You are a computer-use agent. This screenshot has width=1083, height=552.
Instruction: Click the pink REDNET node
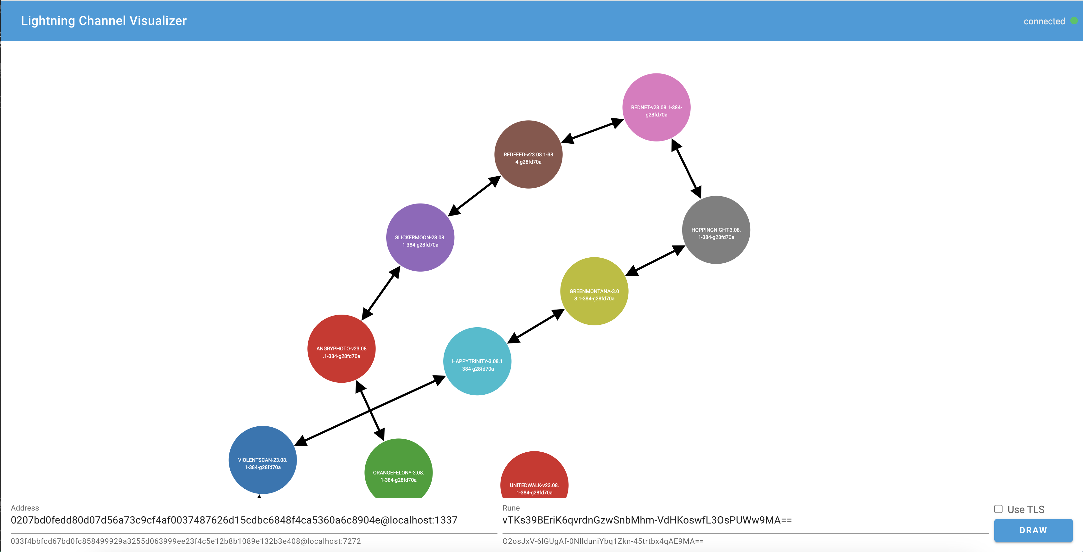[x=656, y=107]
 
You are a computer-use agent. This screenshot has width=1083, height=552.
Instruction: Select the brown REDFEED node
[x=528, y=154]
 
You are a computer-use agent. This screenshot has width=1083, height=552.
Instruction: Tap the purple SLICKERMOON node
[x=420, y=237]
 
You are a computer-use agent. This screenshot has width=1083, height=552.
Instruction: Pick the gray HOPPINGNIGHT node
[x=716, y=230]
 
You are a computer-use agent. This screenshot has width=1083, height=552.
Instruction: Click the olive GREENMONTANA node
[x=594, y=291]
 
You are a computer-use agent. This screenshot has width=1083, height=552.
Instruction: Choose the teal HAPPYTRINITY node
[x=477, y=361]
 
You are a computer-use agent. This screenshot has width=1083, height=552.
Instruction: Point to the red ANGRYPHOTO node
[x=341, y=349]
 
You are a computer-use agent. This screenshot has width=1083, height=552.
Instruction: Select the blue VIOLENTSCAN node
[x=262, y=460]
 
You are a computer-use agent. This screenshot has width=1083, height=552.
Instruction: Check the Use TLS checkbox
[x=998, y=509]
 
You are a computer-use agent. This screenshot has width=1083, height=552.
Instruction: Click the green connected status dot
[x=1074, y=21]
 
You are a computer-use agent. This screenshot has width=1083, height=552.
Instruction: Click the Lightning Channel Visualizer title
[x=103, y=21]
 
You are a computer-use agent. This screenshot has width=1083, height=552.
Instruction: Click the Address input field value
[x=234, y=520]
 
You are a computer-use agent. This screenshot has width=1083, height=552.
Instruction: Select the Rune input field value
[x=647, y=520]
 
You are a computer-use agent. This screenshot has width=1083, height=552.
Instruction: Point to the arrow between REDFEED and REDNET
[x=593, y=131]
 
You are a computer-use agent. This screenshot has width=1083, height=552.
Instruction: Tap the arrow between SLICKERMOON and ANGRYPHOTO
[x=381, y=293]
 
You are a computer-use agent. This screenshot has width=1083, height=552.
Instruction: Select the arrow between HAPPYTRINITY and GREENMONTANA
[x=536, y=326]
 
